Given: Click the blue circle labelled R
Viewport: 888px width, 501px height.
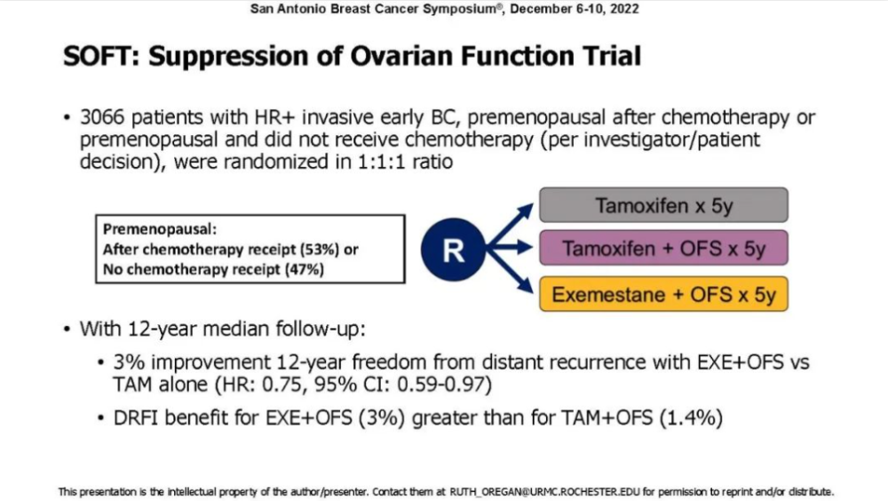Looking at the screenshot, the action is point(453,250).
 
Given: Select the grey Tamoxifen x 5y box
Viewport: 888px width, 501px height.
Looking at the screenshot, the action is point(663,205).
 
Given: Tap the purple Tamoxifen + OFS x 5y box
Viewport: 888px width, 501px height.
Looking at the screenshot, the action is point(663,248).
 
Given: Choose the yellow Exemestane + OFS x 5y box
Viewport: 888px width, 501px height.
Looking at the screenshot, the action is point(663,294).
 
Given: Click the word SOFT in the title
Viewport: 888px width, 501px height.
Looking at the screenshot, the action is point(98,56).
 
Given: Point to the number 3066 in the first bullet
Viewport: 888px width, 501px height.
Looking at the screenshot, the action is point(102,116).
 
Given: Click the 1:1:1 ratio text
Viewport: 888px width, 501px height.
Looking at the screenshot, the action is point(406,162).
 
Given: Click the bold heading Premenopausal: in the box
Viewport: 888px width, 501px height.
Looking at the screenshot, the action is point(160,229).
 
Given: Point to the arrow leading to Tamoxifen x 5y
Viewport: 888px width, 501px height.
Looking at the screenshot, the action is point(510,226).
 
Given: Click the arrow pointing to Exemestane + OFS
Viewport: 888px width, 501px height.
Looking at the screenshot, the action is point(510,272).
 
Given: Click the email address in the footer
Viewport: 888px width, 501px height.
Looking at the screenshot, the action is point(544,491).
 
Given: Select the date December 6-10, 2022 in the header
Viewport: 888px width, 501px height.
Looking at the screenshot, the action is point(575,9).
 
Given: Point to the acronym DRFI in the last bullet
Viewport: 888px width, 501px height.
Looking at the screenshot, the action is point(135,417).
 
